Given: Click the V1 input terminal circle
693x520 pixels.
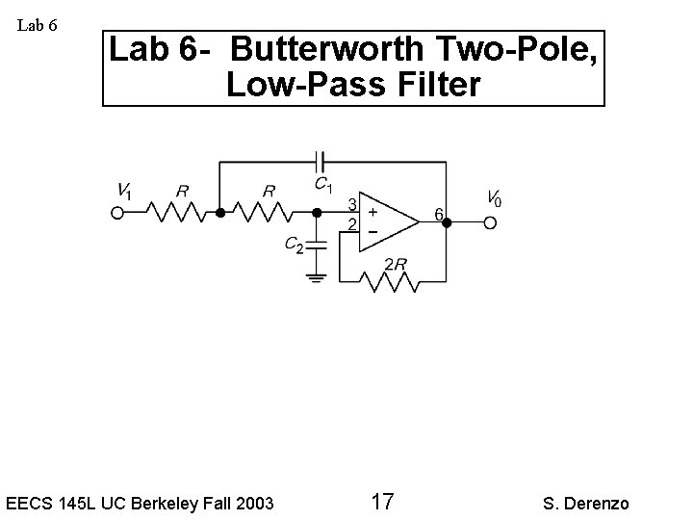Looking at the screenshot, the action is click(x=117, y=213).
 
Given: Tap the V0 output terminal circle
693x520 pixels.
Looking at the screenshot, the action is click(x=490, y=223).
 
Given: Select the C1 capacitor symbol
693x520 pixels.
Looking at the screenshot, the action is click(x=321, y=162).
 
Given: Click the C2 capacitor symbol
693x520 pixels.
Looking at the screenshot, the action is click(x=317, y=247).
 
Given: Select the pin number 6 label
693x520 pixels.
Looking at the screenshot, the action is click(x=438, y=214).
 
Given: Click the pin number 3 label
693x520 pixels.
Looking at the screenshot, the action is click(x=352, y=204).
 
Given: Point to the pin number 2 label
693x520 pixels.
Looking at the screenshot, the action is click(x=352, y=224).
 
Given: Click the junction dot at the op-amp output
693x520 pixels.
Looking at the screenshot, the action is click(x=446, y=223).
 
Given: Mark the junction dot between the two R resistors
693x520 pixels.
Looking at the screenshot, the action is click(x=219, y=213).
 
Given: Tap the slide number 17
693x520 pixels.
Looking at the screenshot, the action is click(x=381, y=501).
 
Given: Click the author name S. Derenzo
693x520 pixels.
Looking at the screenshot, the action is click(x=585, y=503).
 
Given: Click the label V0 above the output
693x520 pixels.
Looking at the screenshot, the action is click(x=493, y=199).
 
